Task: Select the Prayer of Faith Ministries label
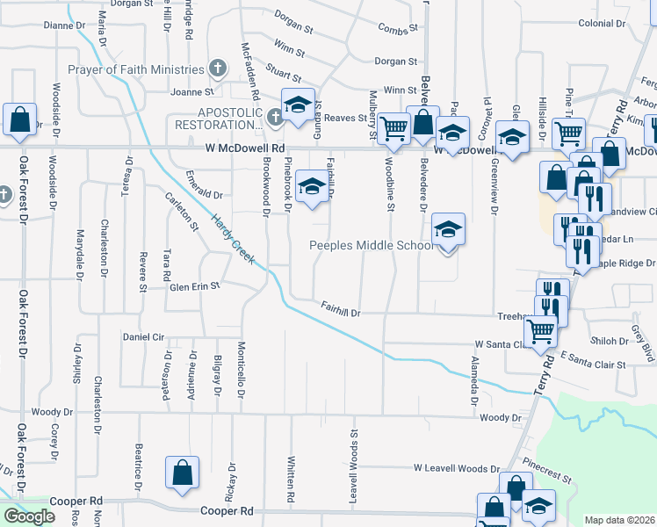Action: (135, 69)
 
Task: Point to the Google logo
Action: (29, 516)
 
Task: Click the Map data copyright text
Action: (619, 520)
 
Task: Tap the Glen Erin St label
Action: (194, 286)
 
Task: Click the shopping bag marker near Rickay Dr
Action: (181, 472)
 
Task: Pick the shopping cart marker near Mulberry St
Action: (395, 128)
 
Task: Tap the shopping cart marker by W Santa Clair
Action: (539, 331)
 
